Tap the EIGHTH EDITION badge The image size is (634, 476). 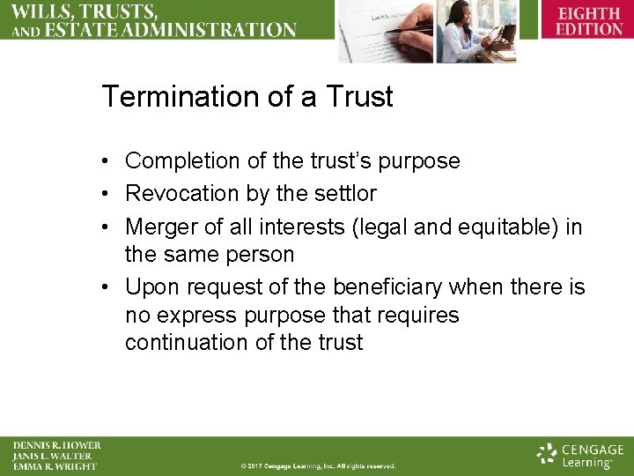(x=588, y=21)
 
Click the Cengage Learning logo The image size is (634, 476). (x=580, y=455)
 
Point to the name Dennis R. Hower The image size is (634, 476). (x=56, y=445)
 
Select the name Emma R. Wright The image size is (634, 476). (x=55, y=466)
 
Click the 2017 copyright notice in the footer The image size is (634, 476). (x=318, y=466)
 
